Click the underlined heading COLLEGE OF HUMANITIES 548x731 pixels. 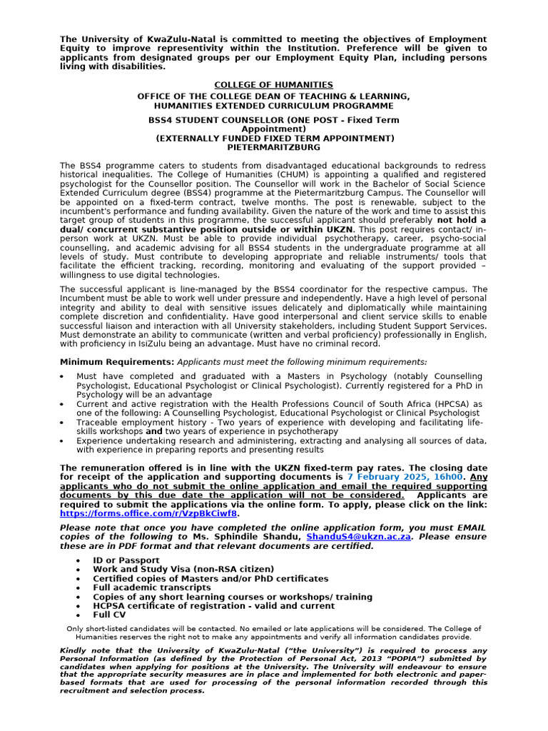pyautogui.click(x=273, y=85)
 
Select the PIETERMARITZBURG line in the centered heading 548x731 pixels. pyautogui.click(x=273, y=148)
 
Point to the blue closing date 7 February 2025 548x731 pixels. pyautogui.click(x=405, y=476)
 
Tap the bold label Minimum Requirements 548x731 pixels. pyautogui.click(x=116, y=362)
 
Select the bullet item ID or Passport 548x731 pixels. pyautogui.click(x=126, y=560)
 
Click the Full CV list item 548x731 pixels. pyautogui.click(x=109, y=615)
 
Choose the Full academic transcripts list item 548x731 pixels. pyautogui.click(x=152, y=588)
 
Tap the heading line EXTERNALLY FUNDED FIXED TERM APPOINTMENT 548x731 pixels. pyautogui.click(x=275, y=138)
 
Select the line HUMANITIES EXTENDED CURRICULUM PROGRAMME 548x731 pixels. pyautogui.click(x=273, y=106)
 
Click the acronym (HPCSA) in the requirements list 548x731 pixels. pyautogui.click(x=442, y=404)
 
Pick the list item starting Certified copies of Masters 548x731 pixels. pyautogui.click(x=210, y=578)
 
